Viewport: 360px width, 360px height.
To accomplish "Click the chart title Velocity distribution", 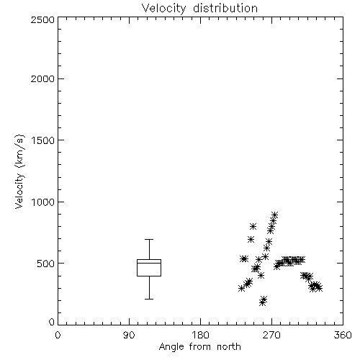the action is tap(199, 9).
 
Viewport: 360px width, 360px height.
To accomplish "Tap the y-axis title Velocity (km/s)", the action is tap(19, 171).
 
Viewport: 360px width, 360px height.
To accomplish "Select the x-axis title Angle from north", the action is tap(199, 347).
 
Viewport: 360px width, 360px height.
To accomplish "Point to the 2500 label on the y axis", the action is tap(42, 19).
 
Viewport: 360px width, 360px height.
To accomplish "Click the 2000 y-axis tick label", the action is tap(42, 78).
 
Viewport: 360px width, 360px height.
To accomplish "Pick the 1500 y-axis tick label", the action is tap(43, 140).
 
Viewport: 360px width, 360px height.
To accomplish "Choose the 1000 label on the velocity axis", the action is tap(43, 202).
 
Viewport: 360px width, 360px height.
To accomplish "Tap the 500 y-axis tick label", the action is tap(45, 264).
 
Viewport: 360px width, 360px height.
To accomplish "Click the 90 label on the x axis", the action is tap(129, 335).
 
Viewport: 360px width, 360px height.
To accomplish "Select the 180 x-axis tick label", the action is tap(200, 335).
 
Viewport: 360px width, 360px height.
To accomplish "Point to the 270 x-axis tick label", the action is tap(271, 335).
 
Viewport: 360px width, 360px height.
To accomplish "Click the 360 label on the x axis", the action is tap(343, 335).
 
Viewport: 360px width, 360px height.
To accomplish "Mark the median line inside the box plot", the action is tap(149, 264).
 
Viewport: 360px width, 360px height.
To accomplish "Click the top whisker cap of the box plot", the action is tap(149, 239).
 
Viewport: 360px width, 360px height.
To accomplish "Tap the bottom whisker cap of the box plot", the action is tap(149, 299).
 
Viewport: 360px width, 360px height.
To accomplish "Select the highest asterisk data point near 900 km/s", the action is tap(274, 215).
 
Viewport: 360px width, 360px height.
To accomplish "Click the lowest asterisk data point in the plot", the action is tap(262, 302).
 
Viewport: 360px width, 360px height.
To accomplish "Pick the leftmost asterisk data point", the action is tap(241, 288).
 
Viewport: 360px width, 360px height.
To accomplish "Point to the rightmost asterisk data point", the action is tap(319, 288).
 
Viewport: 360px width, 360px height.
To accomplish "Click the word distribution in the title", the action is tap(225, 9).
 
